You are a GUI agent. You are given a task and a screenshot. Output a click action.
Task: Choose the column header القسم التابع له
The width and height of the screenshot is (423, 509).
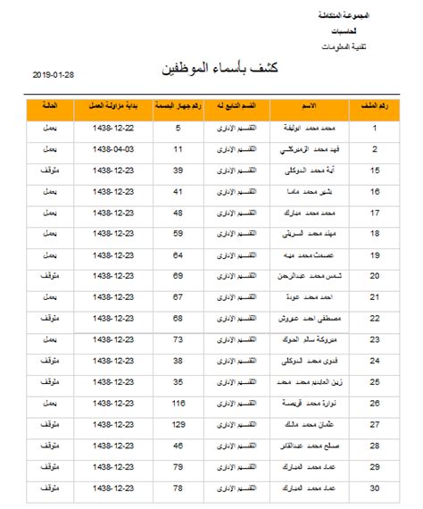(x=238, y=107)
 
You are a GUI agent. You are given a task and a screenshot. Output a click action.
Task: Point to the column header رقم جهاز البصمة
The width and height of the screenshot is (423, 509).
(x=178, y=107)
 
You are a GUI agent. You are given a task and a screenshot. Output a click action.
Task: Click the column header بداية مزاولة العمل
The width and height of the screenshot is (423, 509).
(x=112, y=107)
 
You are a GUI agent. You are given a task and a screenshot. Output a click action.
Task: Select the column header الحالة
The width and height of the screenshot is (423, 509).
(x=51, y=107)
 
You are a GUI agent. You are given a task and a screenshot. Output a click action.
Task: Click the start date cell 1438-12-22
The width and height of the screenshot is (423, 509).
(x=112, y=129)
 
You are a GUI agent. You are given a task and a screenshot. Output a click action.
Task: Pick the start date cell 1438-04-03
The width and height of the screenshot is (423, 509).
(x=112, y=149)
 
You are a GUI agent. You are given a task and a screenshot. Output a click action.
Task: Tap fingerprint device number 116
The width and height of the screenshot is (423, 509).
(x=178, y=403)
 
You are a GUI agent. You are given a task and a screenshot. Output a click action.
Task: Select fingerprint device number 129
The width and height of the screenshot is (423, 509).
(x=178, y=424)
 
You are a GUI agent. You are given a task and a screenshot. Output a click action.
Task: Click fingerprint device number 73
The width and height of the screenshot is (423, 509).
(x=178, y=339)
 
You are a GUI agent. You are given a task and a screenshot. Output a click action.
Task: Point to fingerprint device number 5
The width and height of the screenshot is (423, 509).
(x=178, y=129)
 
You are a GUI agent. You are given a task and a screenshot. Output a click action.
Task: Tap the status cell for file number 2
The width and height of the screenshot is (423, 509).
(x=51, y=149)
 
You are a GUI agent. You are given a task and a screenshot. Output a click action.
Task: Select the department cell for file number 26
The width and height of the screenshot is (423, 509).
(x=238, y=403)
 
